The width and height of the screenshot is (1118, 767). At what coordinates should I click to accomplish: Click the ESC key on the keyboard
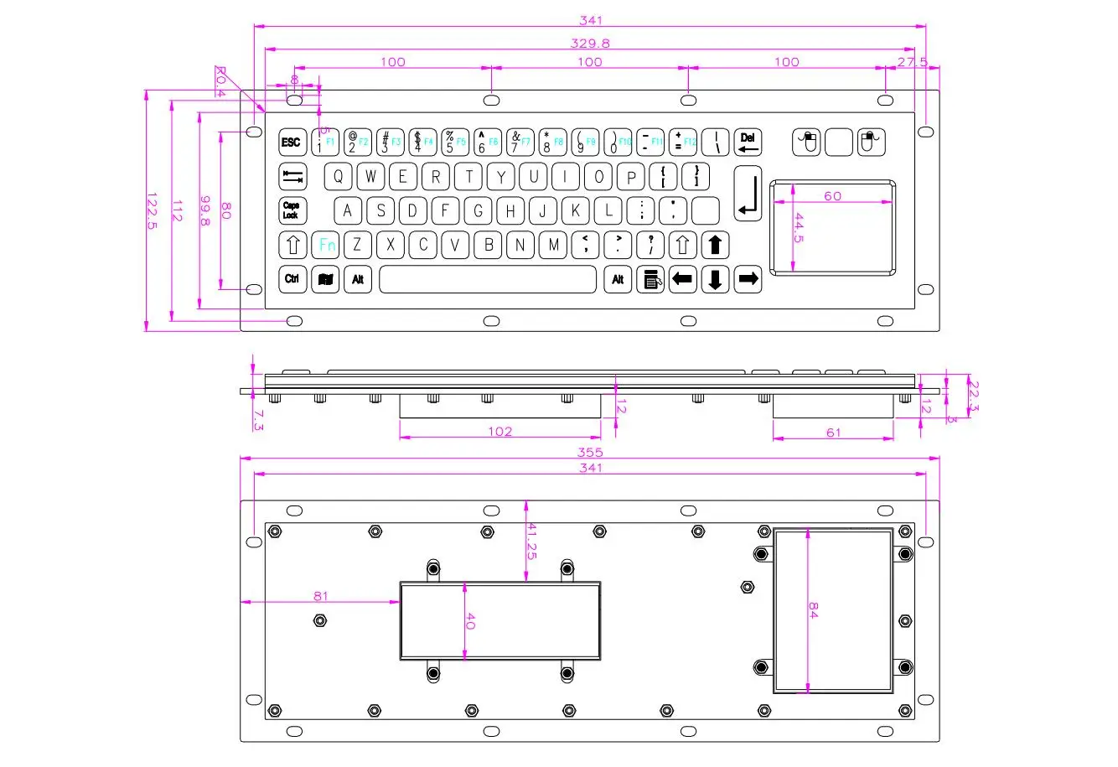291,143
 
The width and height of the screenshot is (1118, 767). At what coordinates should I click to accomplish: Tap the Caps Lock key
291,210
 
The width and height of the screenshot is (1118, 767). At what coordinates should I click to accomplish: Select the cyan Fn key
326,246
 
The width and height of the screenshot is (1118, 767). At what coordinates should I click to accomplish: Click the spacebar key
488,279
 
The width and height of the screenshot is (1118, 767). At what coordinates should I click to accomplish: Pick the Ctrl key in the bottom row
292,279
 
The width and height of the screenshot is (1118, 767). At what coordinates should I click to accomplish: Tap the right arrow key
748,279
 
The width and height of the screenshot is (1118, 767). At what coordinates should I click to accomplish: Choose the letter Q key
338,177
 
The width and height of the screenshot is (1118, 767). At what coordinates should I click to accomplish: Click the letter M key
553,246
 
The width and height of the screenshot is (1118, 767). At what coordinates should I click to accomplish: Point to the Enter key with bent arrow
748,194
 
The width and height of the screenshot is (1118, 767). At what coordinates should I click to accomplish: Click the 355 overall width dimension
590,453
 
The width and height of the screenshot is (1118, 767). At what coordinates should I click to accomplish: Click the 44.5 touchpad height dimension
799,228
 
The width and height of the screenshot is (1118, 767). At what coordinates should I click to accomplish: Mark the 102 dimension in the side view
499,432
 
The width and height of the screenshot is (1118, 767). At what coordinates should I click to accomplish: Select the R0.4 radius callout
220,81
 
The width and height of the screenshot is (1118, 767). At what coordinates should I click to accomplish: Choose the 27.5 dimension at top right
912,62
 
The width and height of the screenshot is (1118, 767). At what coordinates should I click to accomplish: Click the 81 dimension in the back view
320,597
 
